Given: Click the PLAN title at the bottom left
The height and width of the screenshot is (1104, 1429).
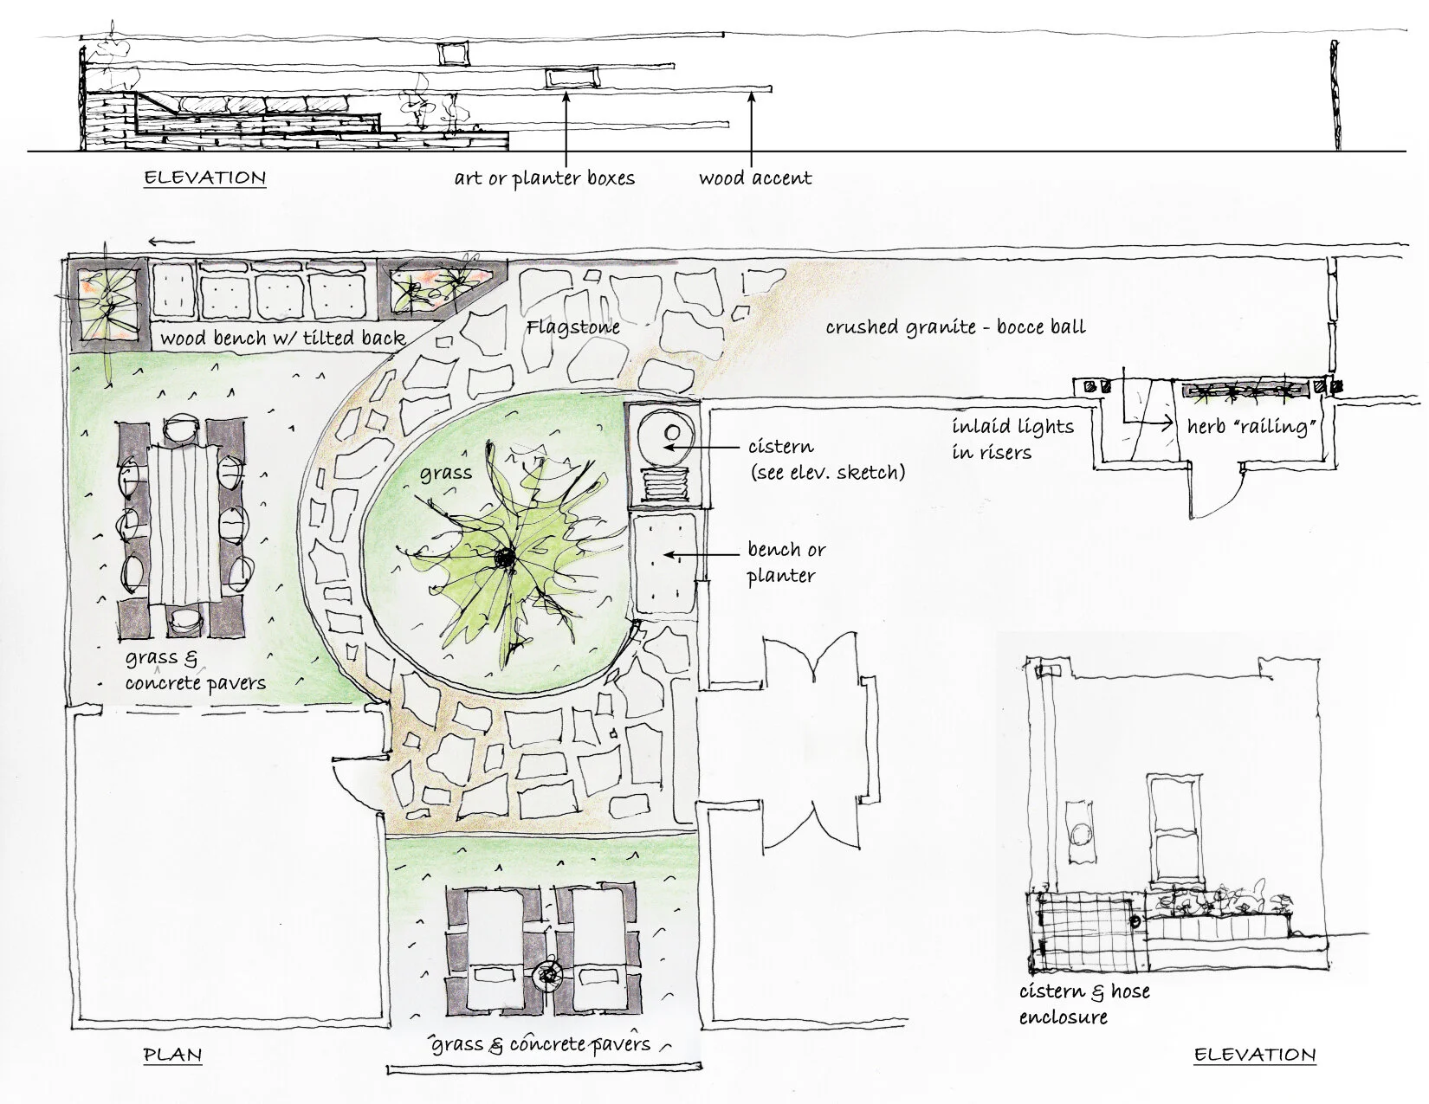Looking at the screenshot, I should (172, 1055).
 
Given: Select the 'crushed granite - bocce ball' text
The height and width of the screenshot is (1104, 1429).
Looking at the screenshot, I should (954, 327).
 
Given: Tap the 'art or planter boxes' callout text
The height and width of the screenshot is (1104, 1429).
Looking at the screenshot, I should (544, 178).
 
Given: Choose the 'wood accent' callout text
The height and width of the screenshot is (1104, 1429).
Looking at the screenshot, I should (755, 178).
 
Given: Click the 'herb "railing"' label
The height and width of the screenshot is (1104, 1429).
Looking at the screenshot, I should (1245, 427).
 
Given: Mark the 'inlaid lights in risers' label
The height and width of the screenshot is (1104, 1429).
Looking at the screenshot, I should (1012, 438).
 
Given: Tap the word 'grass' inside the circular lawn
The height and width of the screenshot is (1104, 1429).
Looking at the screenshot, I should (446, 473).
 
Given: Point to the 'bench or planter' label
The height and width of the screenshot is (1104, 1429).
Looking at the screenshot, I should (786, 562).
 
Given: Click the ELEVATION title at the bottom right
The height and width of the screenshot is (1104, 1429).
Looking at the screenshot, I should (1254, 1055).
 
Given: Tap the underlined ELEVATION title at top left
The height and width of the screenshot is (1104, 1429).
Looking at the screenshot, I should (204, 178).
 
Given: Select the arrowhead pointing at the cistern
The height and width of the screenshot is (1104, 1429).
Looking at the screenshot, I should (665, 448).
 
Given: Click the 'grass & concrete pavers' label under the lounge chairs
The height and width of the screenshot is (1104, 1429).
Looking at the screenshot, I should (541, 1044).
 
